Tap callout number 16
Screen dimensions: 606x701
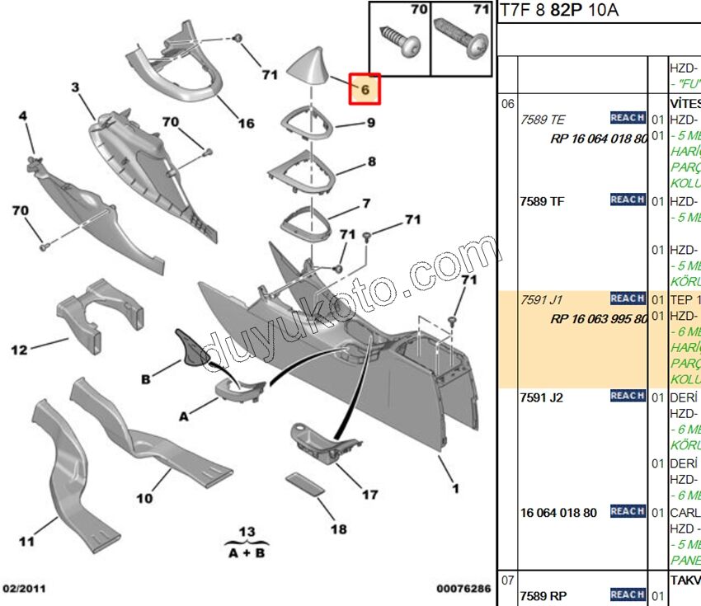pos(247,124)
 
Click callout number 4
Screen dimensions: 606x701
pos(22,116)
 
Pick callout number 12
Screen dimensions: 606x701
pos(19,350)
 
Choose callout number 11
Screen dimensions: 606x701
pos(26,542)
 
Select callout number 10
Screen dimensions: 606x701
pos(144,498)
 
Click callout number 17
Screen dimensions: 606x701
pos(370,495)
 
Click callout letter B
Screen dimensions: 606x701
pos(145,379)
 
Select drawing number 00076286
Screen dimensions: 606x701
pos(463,589)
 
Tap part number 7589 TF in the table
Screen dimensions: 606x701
pos(543,201)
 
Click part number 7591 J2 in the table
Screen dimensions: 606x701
pos(543,397)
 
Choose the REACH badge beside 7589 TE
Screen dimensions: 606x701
pos(628,118)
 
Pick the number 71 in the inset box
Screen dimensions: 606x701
pos(478,11)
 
